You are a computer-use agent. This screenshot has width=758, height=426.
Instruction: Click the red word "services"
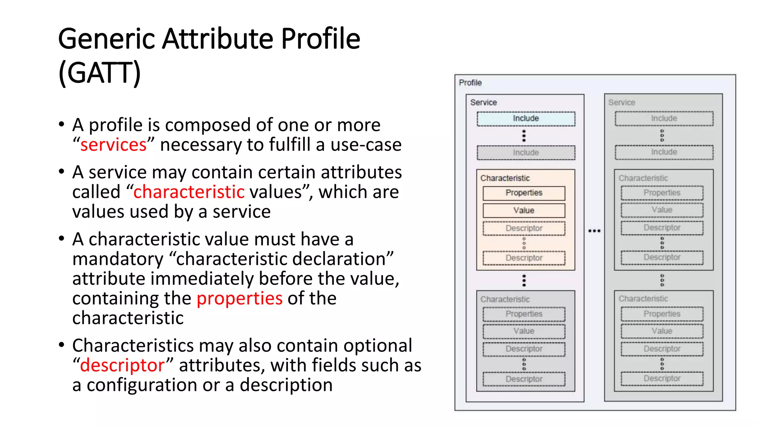click(x=113, y=145)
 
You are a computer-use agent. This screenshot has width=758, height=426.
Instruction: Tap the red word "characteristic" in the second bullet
click(x=189, y=192)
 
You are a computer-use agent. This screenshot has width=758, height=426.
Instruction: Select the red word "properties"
click(x=239, y=298)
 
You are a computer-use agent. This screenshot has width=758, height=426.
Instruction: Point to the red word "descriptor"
click(x=122, y=365)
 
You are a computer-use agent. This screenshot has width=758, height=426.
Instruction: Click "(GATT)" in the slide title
click(x=100, y=73)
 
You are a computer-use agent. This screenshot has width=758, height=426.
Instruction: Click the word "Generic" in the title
click(x=106, y=39)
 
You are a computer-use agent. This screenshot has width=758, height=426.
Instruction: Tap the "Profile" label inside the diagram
click(x=470, y=82)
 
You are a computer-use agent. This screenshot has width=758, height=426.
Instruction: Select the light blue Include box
click(x=526, y=119)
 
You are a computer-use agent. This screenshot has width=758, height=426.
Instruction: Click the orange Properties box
click(x=524, y=193)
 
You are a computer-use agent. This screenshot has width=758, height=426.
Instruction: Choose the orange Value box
click(x=524, y=210)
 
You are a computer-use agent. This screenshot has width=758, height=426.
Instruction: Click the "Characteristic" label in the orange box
click(x=505, y=178)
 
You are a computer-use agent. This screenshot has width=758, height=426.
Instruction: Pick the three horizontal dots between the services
click(x=594, y=231)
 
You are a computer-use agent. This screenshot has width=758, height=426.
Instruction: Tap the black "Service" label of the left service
click(x=483, y=102)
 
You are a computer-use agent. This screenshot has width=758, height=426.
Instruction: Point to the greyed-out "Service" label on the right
click(x=621, y=102)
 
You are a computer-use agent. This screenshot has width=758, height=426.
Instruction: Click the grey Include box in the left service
click(x=526, y=152)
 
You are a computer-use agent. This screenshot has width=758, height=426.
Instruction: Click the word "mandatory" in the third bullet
click(x=118, y=259)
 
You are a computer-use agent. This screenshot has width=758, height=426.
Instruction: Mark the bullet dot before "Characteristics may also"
click(x=61, y=345)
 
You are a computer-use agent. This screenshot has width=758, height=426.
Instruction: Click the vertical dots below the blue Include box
click(x=524, y=136)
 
